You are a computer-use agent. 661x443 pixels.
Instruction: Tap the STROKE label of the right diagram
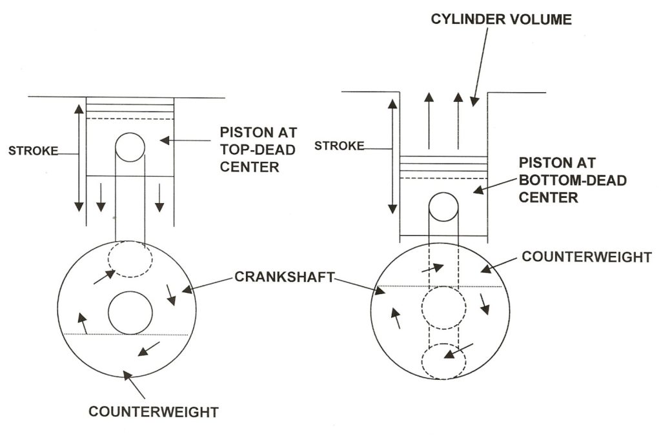340,146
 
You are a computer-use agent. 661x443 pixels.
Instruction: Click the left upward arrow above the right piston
427,120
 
